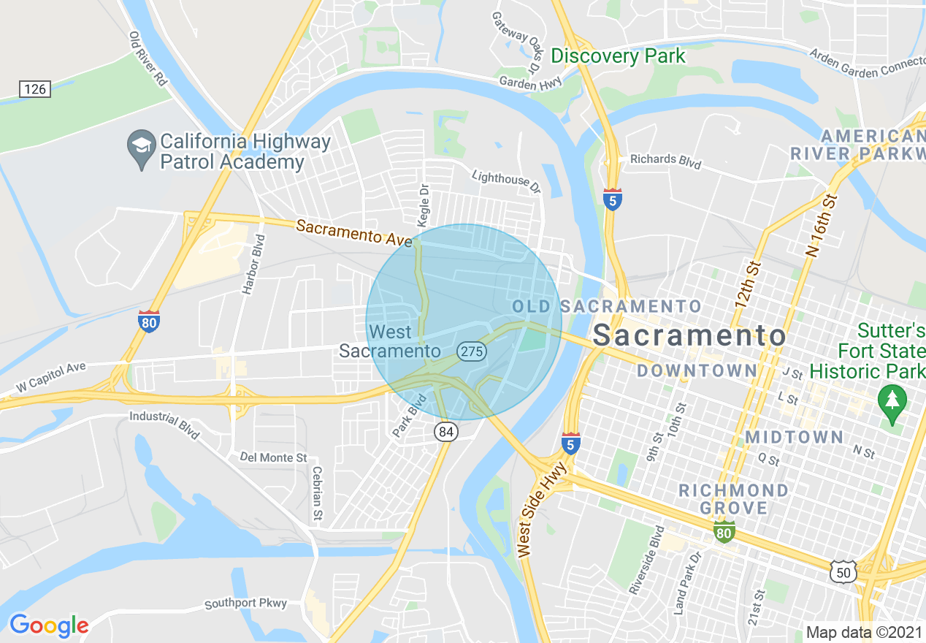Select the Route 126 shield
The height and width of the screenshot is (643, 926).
pos(34,89)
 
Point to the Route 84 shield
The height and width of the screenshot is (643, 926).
pos(446,432)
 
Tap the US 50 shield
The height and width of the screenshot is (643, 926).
pos(843,572)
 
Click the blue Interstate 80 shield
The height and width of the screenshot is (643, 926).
pos(149,321)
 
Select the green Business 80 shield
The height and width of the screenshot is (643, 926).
pos(724,532)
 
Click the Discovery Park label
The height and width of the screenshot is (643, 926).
pos(618,56)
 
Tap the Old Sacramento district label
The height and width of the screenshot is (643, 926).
pos(607,306)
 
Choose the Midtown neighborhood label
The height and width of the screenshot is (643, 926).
pos(795,437)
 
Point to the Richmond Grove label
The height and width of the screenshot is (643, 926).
pos(733,498)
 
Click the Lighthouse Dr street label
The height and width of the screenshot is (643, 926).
pos(506,181)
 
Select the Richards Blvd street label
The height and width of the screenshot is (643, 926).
pos(665,161)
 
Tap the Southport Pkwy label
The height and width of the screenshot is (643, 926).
pos(245,604)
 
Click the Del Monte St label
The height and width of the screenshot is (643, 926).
pos(273,457)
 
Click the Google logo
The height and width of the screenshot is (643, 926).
pos(49,625)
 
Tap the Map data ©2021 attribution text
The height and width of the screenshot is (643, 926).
pos(864,631)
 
